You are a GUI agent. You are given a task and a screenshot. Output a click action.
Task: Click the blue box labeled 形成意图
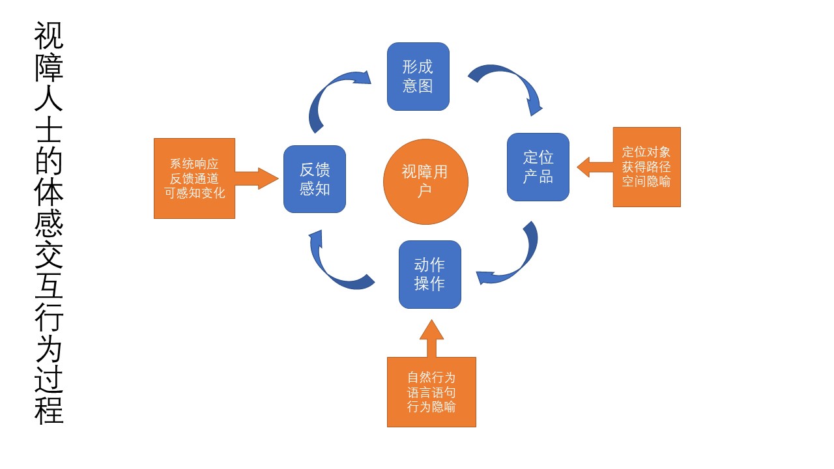(x=418, y=76)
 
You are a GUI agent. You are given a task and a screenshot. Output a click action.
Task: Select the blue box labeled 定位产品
(x=538, y=167)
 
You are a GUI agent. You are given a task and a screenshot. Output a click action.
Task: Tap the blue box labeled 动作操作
(x=429, y=274)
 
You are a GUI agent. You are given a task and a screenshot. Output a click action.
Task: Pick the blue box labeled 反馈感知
(x=314, y=179)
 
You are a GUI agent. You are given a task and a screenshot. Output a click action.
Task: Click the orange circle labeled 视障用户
(x=425, y=181)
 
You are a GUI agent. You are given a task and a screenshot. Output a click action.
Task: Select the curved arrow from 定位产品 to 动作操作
(x=515, y=261)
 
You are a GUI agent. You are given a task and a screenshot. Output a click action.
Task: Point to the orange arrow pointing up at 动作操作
(x=431, y=339)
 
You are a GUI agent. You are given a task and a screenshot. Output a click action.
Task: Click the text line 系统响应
(x=194, y=164)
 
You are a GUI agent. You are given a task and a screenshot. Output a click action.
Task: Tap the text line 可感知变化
(x=194, y=193)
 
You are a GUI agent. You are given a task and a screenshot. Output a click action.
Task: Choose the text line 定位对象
(x=646, y=152)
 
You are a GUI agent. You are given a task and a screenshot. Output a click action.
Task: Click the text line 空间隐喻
(x=646, y=182)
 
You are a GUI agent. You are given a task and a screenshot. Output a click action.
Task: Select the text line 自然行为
(x=431, y=378)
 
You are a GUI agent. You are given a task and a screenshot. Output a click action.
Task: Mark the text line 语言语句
(x=431, y=393)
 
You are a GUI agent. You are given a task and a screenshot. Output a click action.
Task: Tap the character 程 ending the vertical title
(x=49, y=410)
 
